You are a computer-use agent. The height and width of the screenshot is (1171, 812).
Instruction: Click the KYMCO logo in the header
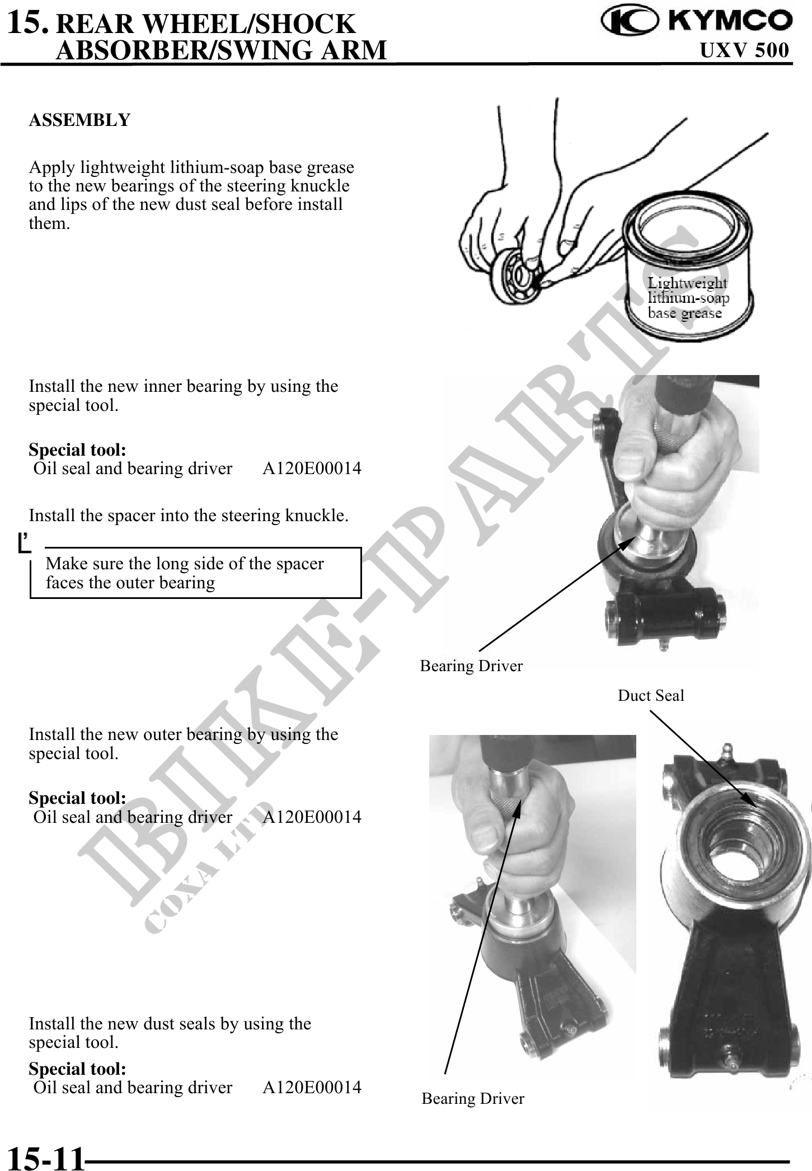pyautogui.click(x=697, y=21)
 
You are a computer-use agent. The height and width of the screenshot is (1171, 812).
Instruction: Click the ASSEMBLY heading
pyautogui.click(x=79, y=120)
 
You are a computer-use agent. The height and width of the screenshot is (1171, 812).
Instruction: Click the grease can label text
pyautogui.click(x=688, y=298)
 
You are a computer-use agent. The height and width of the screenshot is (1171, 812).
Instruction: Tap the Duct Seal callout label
pyautogui.click(x=651, y=696)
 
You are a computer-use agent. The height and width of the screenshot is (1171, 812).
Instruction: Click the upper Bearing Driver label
pyautogui.click(x=471, y=666)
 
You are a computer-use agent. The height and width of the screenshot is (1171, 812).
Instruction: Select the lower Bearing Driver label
pyautogui.click(x=473, y=1098)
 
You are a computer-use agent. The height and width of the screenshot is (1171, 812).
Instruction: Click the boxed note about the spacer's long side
pyautogui.click(x=195, y=573)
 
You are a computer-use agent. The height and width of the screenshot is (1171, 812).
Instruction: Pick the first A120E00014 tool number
pyautogui.click(x=312, y=468)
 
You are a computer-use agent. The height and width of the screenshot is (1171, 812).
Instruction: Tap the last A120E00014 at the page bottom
pyautogui.click(x=312, y=1087)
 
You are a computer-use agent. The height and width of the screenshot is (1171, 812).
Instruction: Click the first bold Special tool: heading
pyautogui.click(x=77, y=449)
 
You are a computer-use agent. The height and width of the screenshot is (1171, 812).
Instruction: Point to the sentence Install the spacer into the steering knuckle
pyautogui.click(x=189, y=515)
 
